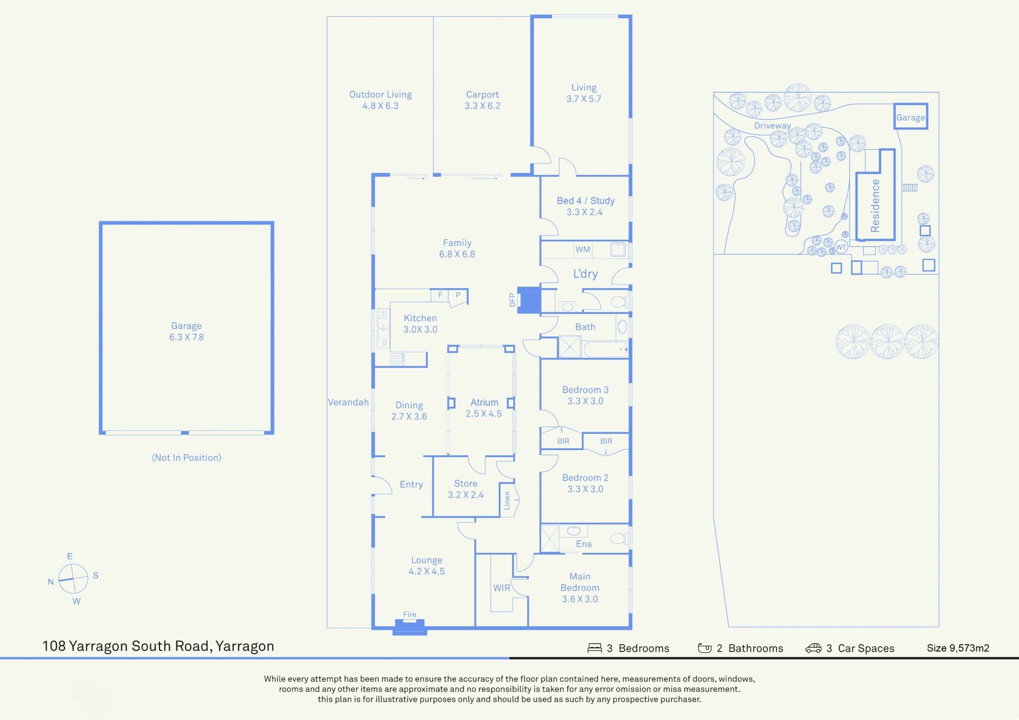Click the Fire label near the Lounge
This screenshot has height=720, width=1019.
click(410, 615)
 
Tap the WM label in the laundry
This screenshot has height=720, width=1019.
click(583, 250)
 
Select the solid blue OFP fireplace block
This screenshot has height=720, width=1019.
click(529, 300)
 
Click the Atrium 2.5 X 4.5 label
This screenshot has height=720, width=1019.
click(484, 408)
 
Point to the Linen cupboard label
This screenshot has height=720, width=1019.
click(507, 501)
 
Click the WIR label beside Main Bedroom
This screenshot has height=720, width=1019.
click(501, 588)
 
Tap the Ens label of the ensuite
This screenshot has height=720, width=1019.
click(584, 544)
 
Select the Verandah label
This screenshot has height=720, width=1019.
click(348, 402)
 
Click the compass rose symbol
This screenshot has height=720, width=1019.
click(73, 579)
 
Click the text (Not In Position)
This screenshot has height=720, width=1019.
click(186, 457)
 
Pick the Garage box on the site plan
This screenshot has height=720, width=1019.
click(910, 117)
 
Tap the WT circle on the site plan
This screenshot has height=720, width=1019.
click(841, 247)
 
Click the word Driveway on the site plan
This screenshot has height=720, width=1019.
click(772, 125)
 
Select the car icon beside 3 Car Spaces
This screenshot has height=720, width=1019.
click(813, 648)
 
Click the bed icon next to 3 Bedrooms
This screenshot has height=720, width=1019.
click(595, 648)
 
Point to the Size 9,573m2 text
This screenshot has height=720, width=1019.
click(958, 648)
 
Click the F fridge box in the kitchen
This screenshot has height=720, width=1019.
click(440, 295)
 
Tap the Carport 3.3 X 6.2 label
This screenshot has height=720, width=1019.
click(482, 100)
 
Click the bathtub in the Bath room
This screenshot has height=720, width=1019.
click(605, 350)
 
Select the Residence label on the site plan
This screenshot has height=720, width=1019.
click(875, 206)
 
